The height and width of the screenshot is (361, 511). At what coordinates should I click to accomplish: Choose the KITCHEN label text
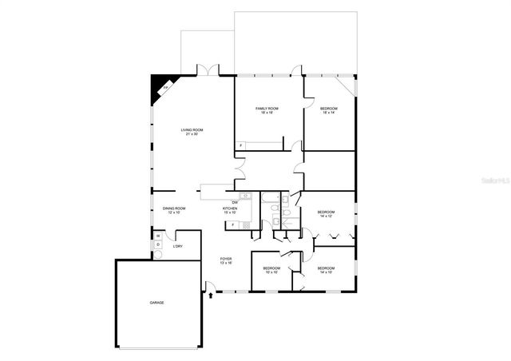click(x=230, y=210)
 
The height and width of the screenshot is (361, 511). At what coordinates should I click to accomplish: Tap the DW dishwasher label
click(x=235, y=202)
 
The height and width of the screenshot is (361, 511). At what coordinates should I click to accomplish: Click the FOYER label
click(x=227, y=260)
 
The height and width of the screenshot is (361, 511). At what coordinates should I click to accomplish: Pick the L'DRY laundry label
click(x=178, y=246)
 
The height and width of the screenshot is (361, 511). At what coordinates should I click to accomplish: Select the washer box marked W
click(x=159, y=236)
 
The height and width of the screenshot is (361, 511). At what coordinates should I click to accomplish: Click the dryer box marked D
click(x=159, y=245)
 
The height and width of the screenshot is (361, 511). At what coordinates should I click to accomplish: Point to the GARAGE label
click(x=156, y=303)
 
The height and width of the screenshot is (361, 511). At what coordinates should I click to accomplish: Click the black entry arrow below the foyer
click(x=210, y=295)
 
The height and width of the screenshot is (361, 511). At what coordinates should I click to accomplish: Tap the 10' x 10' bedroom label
click(x=271, y=270)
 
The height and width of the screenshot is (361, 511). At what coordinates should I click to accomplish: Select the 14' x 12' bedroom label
click(x=327, y=213)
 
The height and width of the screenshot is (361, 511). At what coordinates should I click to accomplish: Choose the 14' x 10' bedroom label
click(x=326, y=270)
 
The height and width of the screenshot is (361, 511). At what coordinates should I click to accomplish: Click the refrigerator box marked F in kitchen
click(x=232, y=225)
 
